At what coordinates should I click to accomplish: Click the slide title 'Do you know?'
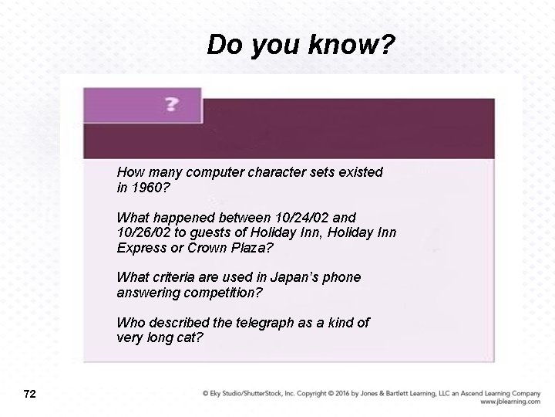[301, 46]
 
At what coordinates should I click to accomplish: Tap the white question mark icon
[172, 104]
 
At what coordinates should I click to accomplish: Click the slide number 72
[30, 395]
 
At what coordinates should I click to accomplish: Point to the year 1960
[146, 187]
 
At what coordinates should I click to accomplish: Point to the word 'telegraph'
[267, 322]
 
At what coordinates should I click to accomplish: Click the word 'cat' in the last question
[193, 337]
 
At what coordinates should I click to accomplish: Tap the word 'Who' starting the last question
[129, 322]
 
